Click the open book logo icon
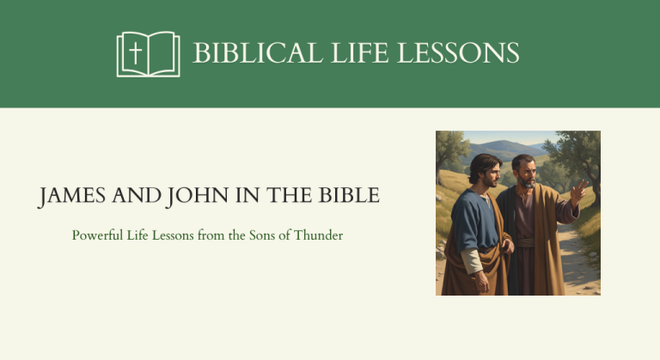(x=148, y=54)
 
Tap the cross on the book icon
(x=135, y=53)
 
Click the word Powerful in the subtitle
(x=97, y=235)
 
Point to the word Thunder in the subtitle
(x=318, y=235)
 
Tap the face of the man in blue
(x=486, y=176)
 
